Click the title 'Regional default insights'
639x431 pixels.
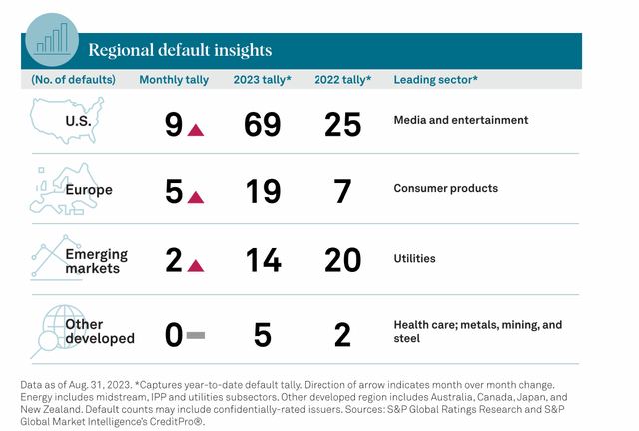tap(180, 49)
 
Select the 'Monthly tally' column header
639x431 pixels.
tap(175, 79)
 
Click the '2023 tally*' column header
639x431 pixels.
tap(262, 79)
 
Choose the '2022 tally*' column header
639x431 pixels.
tap(342, 79)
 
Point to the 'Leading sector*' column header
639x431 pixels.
tap(435, 79)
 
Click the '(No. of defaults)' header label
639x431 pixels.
tap(73, 79)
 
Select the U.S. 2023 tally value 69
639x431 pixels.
tap(262, 125)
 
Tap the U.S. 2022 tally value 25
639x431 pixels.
tap(342, 125)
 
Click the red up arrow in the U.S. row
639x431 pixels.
tap(197, 128)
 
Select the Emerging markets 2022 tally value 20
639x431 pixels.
tap(342, 261)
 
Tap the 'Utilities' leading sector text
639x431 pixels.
tap(414, 258)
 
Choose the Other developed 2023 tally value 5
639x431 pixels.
tap(262, 334)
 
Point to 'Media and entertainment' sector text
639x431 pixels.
tap(460, 121)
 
